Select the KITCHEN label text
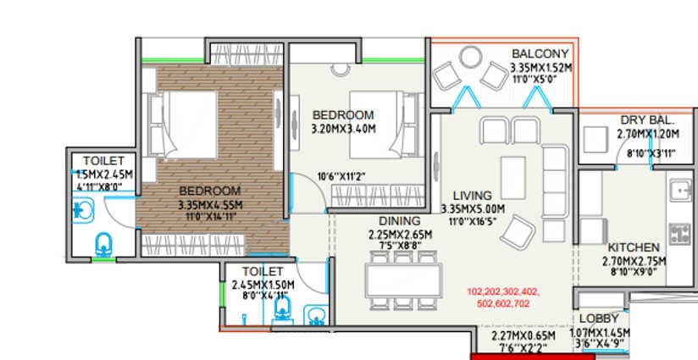pos(634,247)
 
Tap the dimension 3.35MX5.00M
pos(473,208)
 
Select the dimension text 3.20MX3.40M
pos(343,129)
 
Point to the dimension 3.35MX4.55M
pos(210,204)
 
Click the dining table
pos(402,278)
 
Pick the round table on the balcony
pos(469,61)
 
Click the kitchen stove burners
pos(679,232)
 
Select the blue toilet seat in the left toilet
pos(103,244)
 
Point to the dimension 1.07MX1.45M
pos(600,334)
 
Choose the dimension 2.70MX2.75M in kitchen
pos(634,261)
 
